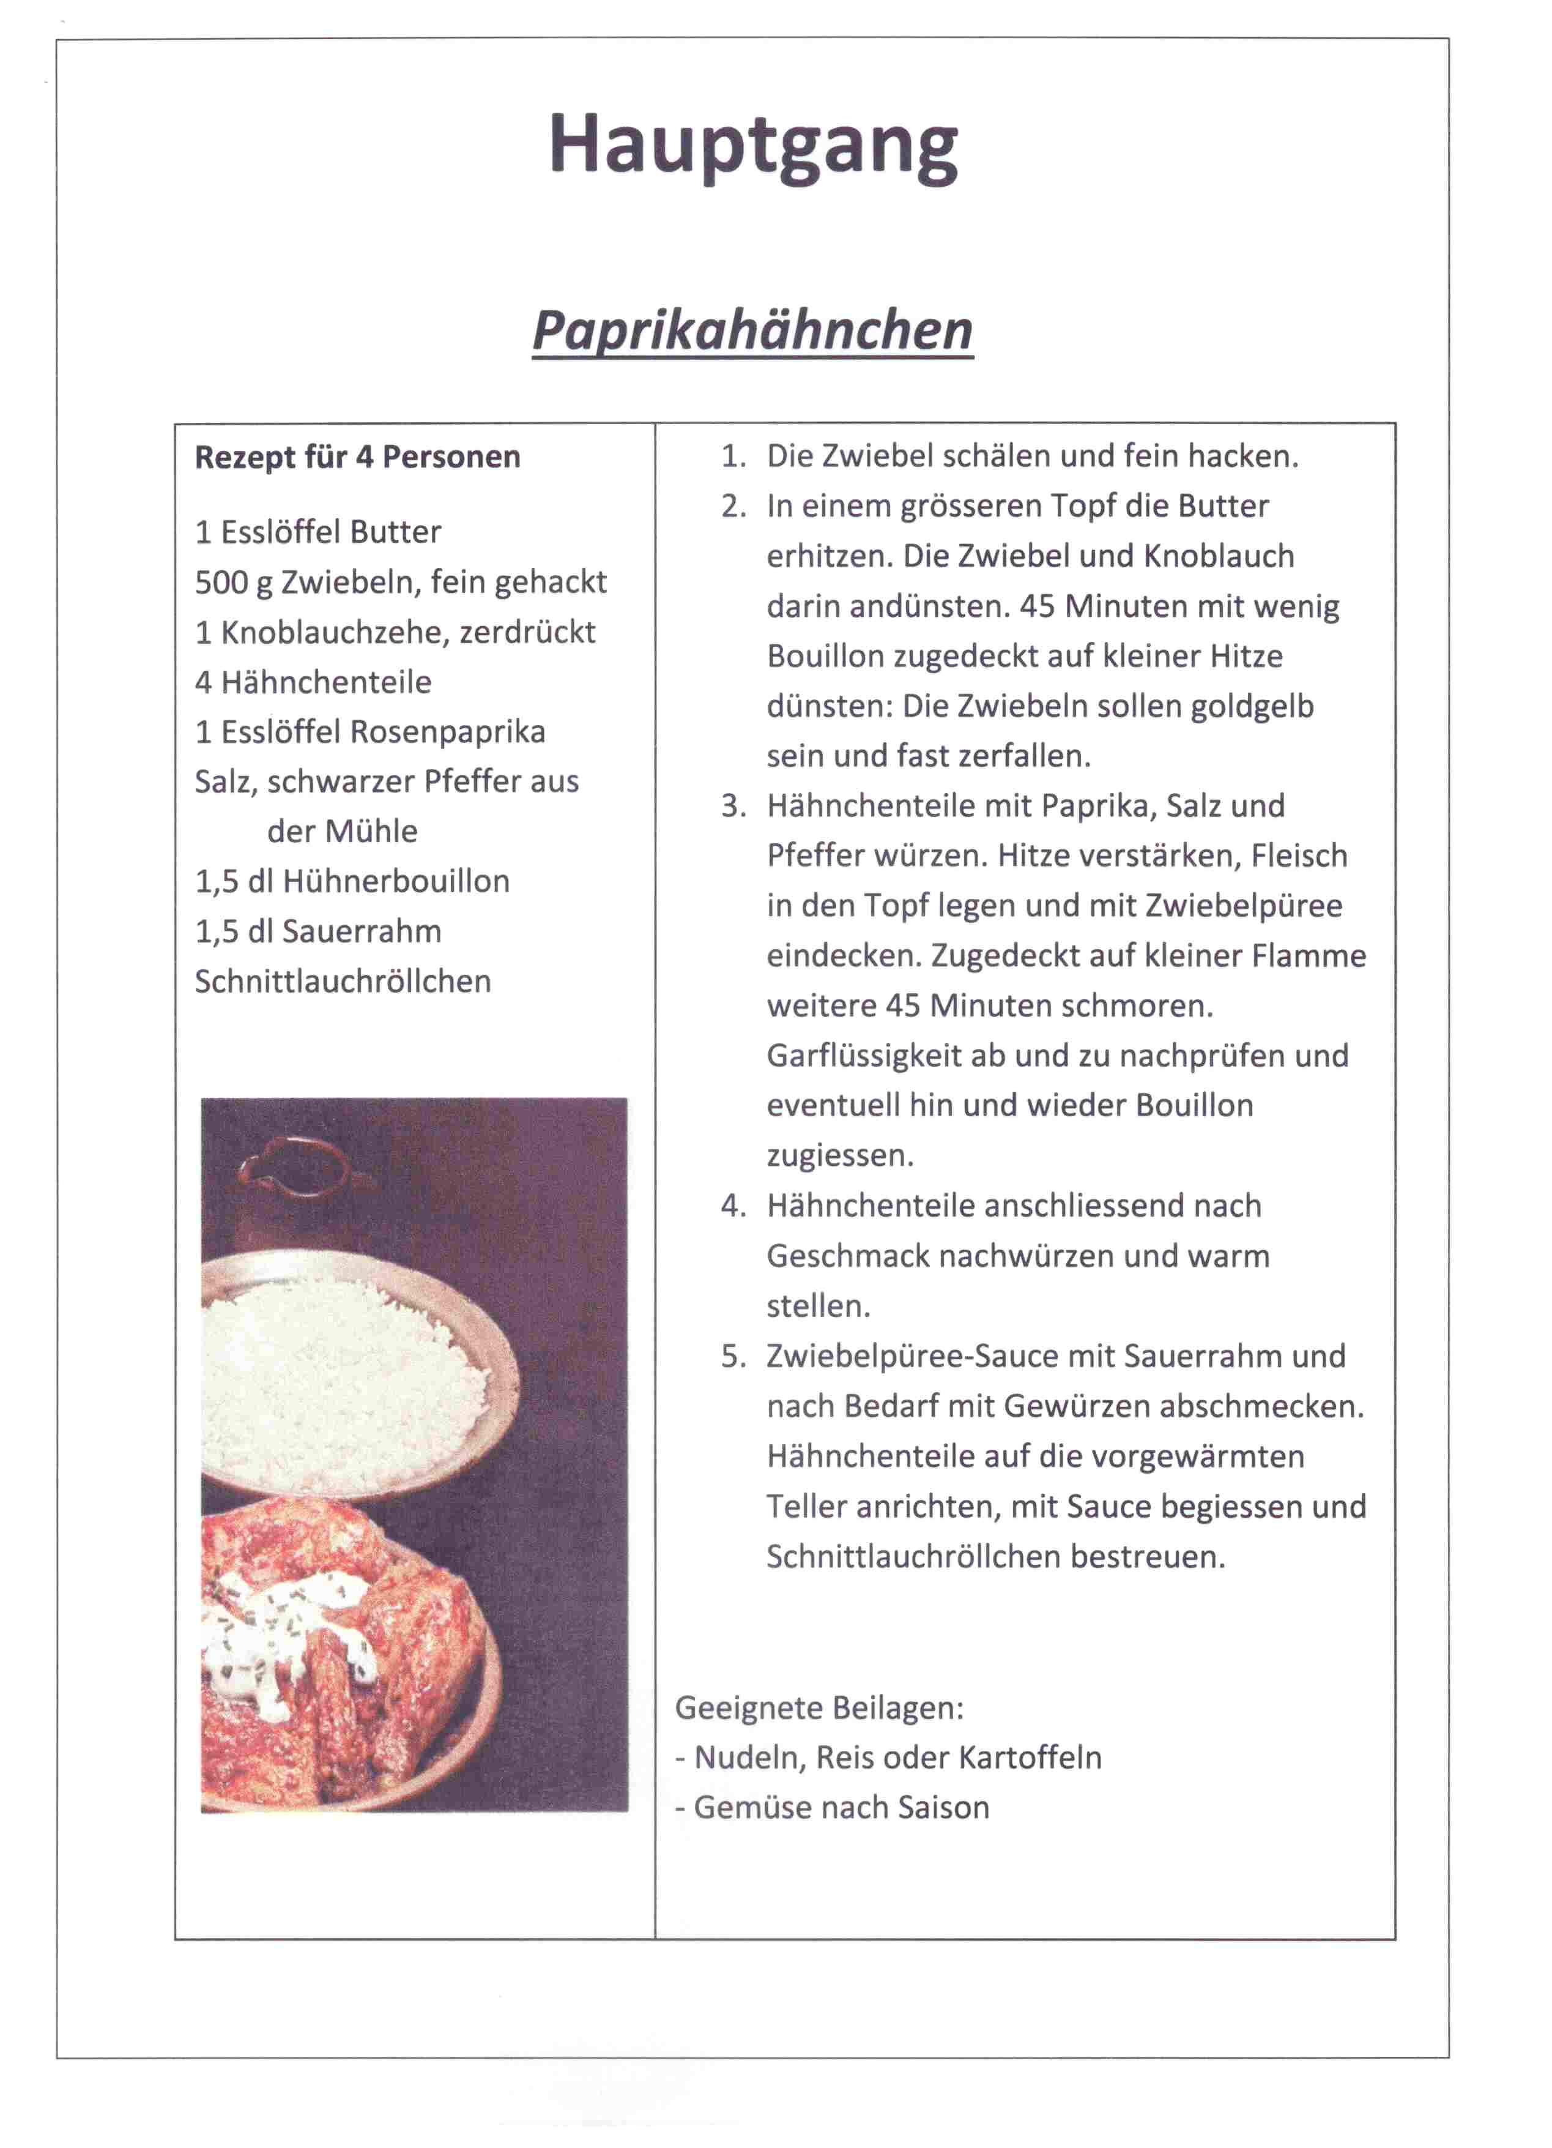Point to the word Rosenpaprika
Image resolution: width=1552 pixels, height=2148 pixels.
pos(448,731)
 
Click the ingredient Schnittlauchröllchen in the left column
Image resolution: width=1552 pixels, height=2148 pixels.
pos(343,981)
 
